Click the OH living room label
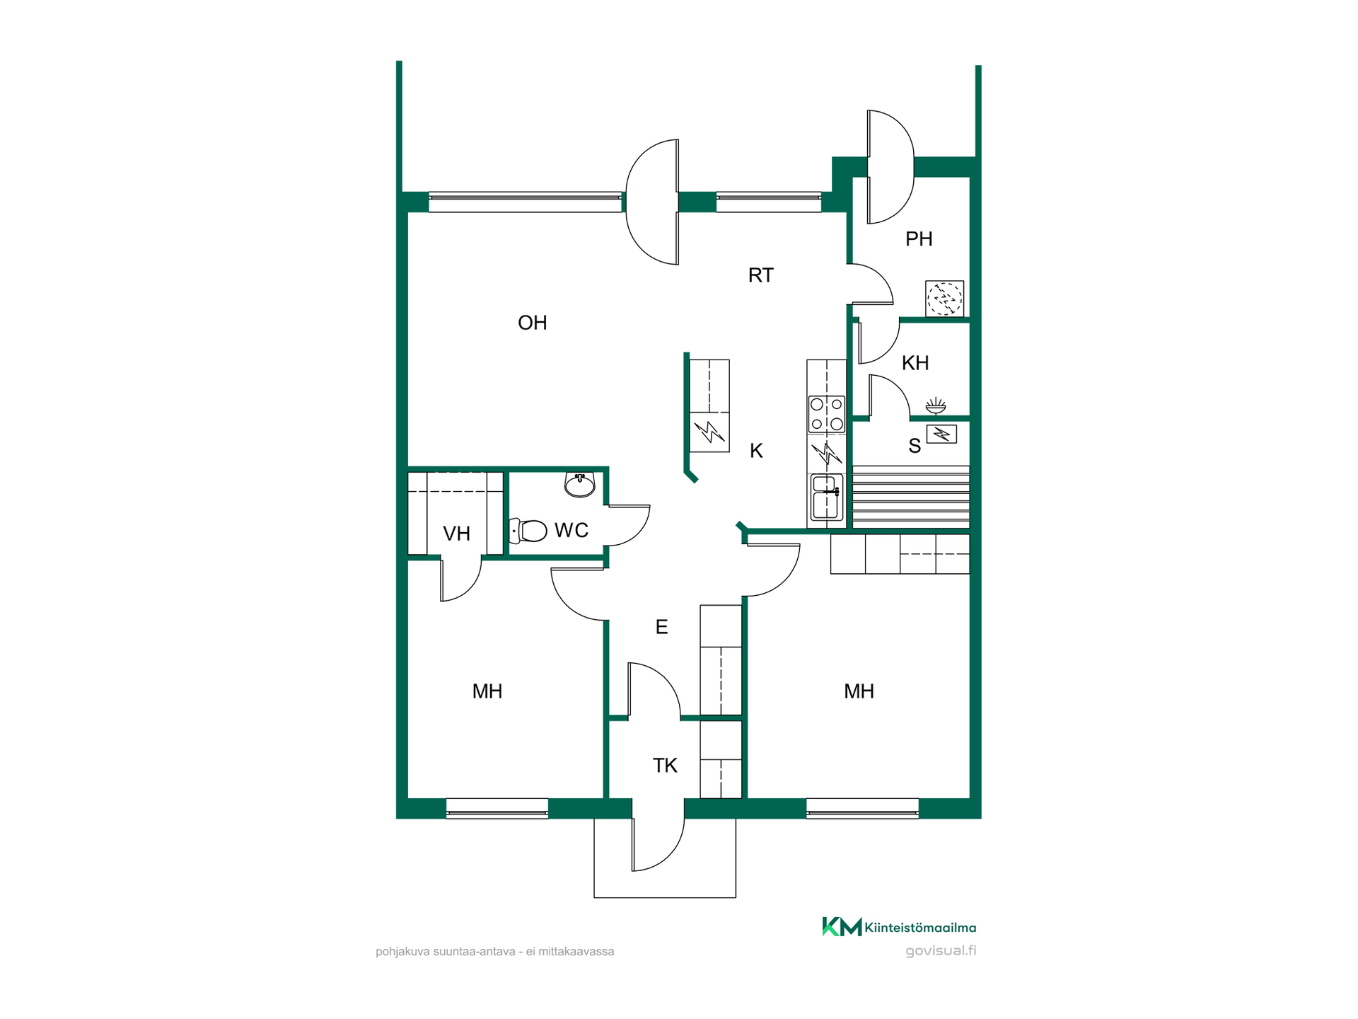tap(532, 323)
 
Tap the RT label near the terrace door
tap(761, 275)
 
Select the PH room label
tap(919, 239)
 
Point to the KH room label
tap(915, 363)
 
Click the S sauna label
tap(915, 446)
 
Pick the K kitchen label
tap(756, 451)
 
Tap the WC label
tap(571, 530)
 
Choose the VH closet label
tap(456, 534)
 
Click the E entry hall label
tap(661, 627)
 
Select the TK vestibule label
tap(665, 766)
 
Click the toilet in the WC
tap(528, 531)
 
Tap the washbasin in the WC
tap(580, 485)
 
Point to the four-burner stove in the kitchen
tap(827, 414)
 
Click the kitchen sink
tap(826, 497)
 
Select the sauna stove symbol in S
tap(941, 434)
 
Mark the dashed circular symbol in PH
tap(945, 299)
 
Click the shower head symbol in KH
tap(936, 405)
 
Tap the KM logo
tap(842, 926)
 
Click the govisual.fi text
tap(941, 950)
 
